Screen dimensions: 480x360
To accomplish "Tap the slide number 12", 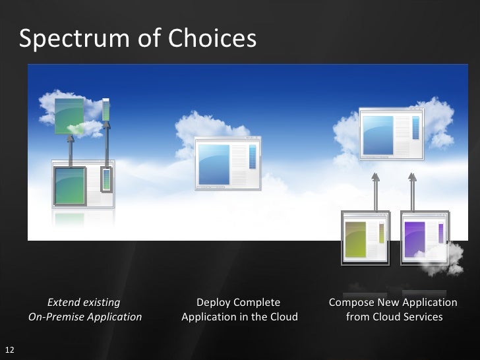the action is click(9, 349).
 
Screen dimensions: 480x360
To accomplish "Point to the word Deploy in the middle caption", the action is click(213, 303).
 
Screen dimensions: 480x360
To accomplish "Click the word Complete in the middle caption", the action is click(256, 303).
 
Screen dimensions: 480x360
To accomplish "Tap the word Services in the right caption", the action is click(417, 317).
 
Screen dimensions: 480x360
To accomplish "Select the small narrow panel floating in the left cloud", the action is click(105, 110).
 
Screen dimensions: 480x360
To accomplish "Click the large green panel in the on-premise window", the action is click(70, 185).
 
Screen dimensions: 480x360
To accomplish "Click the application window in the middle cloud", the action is click(228, 163).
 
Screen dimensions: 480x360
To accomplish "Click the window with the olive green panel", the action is click(365, 237).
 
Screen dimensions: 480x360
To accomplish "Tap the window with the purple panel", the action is click(424, 237).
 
